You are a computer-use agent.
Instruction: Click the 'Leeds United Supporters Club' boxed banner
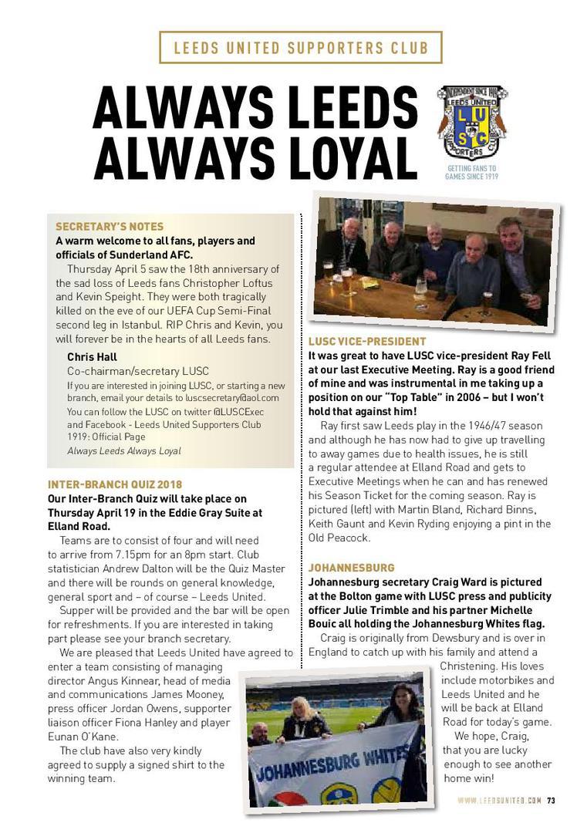[301, 48]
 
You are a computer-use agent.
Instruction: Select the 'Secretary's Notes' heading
[110, 227]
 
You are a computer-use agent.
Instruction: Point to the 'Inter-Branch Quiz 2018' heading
[115, 484]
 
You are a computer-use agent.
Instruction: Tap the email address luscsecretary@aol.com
[231, 398]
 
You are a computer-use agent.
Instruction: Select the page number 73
[552, 800]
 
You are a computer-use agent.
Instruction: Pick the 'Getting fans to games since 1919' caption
[471, 172]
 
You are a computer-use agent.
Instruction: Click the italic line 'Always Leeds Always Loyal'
[124, 450]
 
